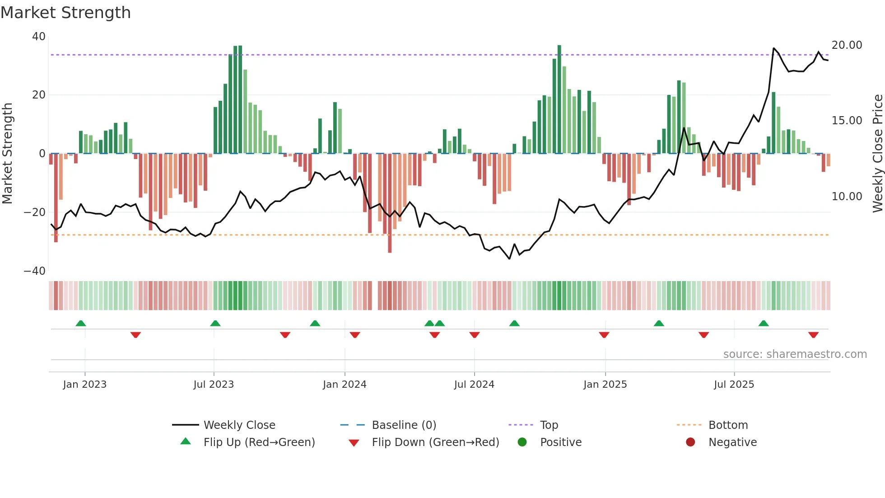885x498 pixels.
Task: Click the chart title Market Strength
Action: click(x=65, y=13)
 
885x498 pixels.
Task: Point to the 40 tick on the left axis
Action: click(x=39, y=37)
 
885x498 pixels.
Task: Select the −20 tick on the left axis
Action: click(x=35, y=212)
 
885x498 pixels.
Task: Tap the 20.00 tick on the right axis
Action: click(x=847, y=45)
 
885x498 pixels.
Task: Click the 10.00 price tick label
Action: click(x=847, y=197)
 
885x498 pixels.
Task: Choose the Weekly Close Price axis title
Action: click(x=877, y=154)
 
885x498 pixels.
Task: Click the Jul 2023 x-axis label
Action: click(x=214, y=385)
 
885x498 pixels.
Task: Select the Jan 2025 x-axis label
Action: click(x=605, y=385)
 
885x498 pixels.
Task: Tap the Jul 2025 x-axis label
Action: click(x=734, y=385)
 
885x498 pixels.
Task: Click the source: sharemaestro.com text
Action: click(x=795, y=354)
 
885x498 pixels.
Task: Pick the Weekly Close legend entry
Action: click(x=239, y=425)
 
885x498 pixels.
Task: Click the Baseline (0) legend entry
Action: click(x=404, y=425)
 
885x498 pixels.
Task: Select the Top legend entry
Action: click(x=549, y=425)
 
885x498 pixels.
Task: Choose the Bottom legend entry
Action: click(x=728, y=425)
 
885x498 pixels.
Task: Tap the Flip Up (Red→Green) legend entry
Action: click(x=259, y=442)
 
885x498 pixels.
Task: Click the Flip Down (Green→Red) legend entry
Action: click(x=435, y=442)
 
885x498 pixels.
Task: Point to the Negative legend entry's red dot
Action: click(x=690, y=442)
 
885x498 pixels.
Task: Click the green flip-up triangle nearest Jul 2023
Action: click(x=215, y=324)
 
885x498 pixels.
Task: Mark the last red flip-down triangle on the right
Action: click(x=813, y=335)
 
